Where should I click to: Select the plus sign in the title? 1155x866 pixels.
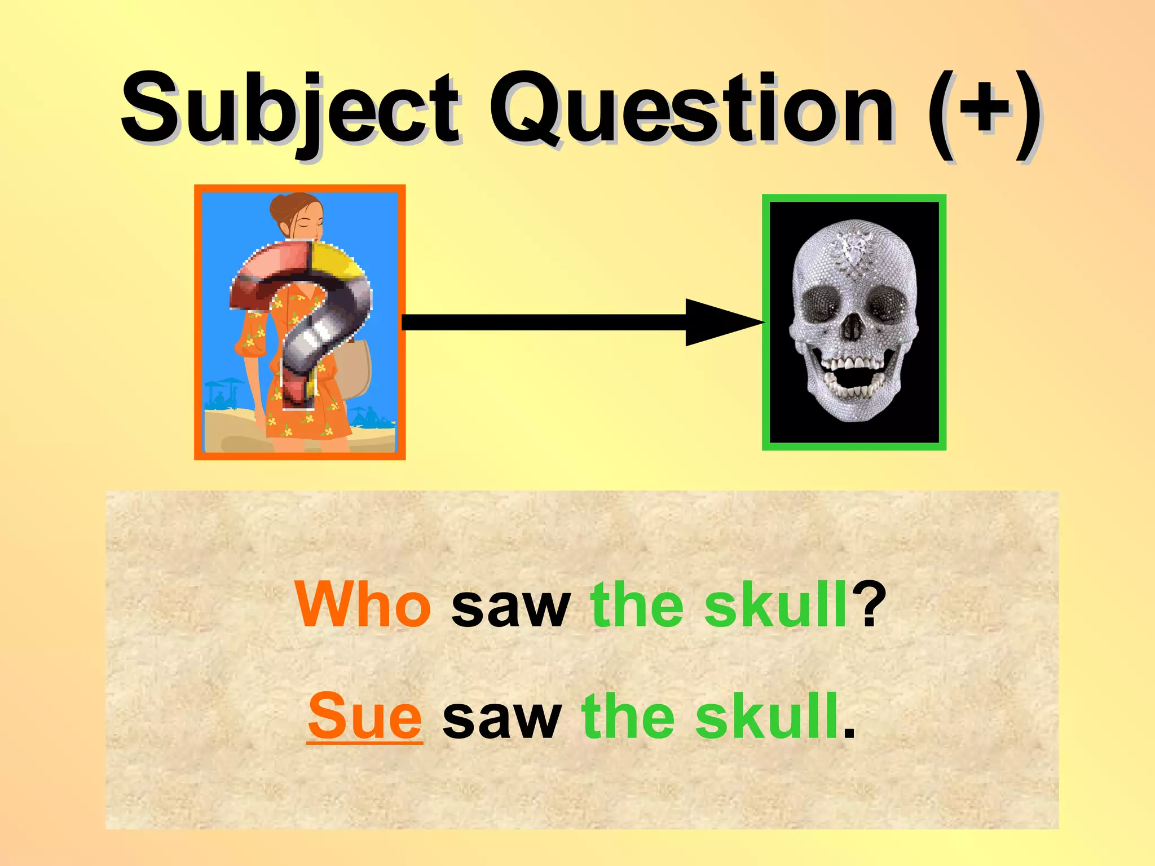click(984, 110)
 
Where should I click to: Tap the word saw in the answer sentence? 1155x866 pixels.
click(502, 717)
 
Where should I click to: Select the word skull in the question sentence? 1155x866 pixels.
click(776, 605)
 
